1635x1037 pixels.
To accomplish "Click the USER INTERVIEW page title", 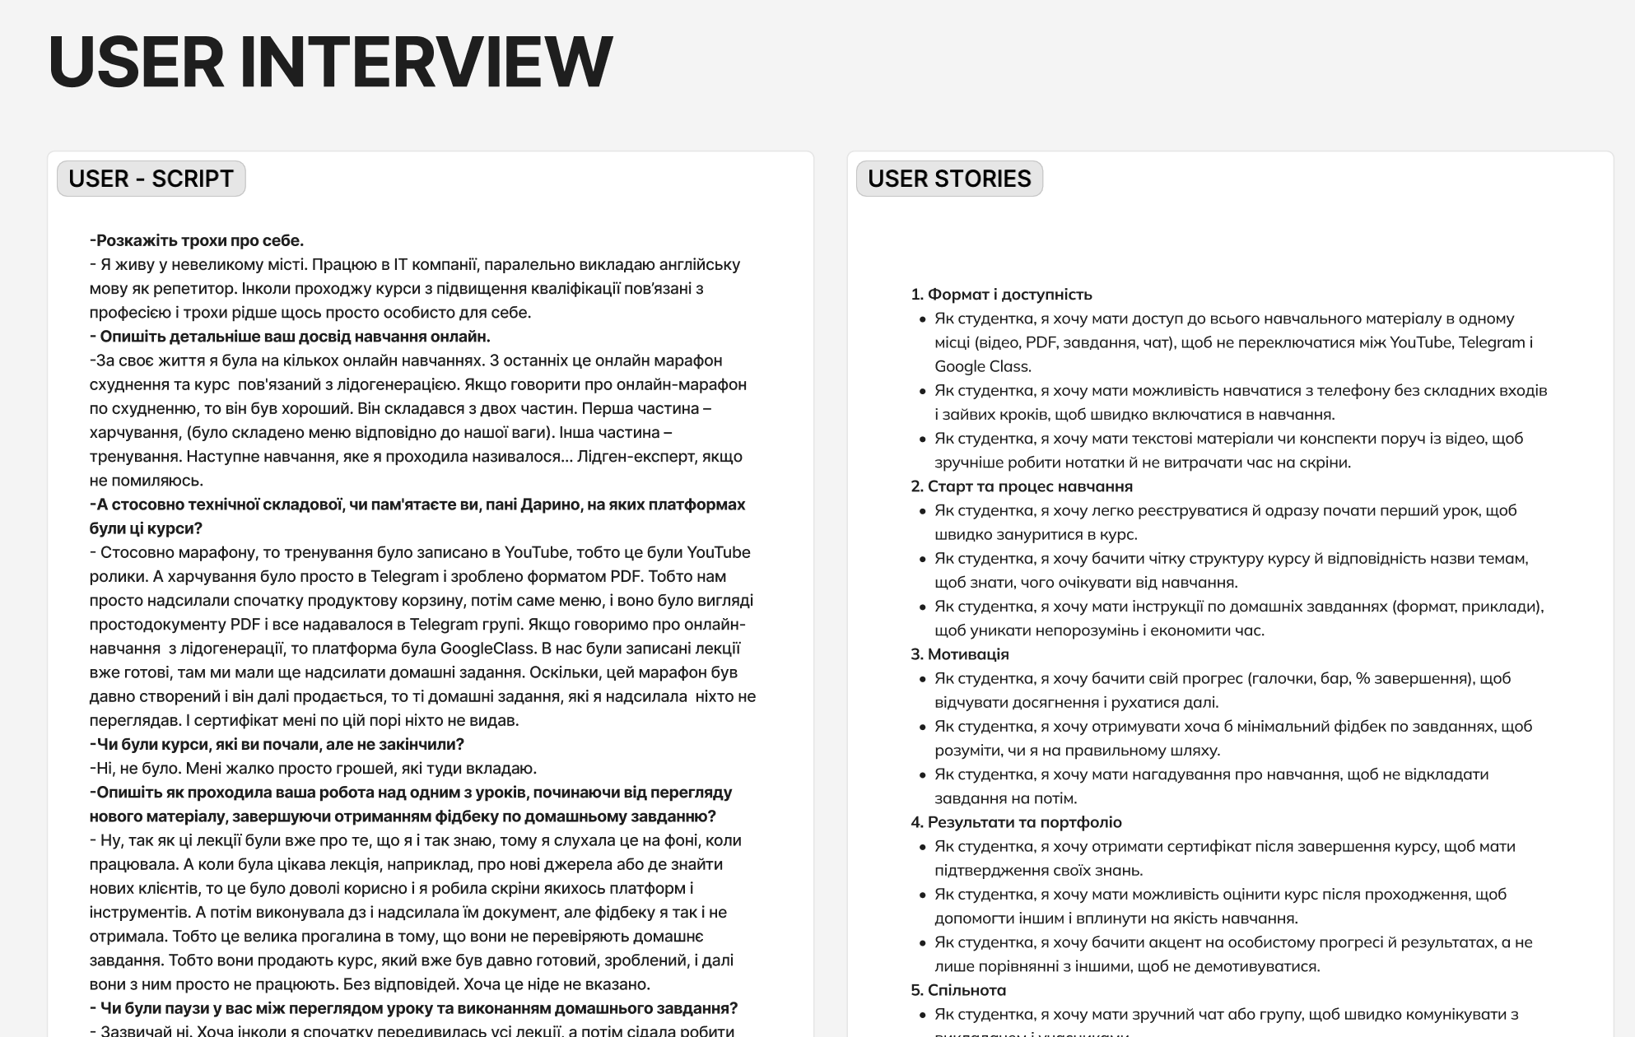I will [x=330, y=62].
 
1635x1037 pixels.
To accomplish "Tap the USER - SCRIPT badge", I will [x=151, y=179].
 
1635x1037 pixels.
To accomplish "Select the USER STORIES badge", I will [x=949, y=179].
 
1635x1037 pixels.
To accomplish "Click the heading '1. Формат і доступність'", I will [x=1001, y=295].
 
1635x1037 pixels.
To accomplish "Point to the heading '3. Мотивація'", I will [x=960, y=654].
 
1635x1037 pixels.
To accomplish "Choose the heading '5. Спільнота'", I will [x=958, y=990].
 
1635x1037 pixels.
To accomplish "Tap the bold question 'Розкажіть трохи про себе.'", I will [x=198, y=240].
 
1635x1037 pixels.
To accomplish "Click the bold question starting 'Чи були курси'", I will [x=277, y=745].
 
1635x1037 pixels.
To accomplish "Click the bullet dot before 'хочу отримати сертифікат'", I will [x=923, y=847].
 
